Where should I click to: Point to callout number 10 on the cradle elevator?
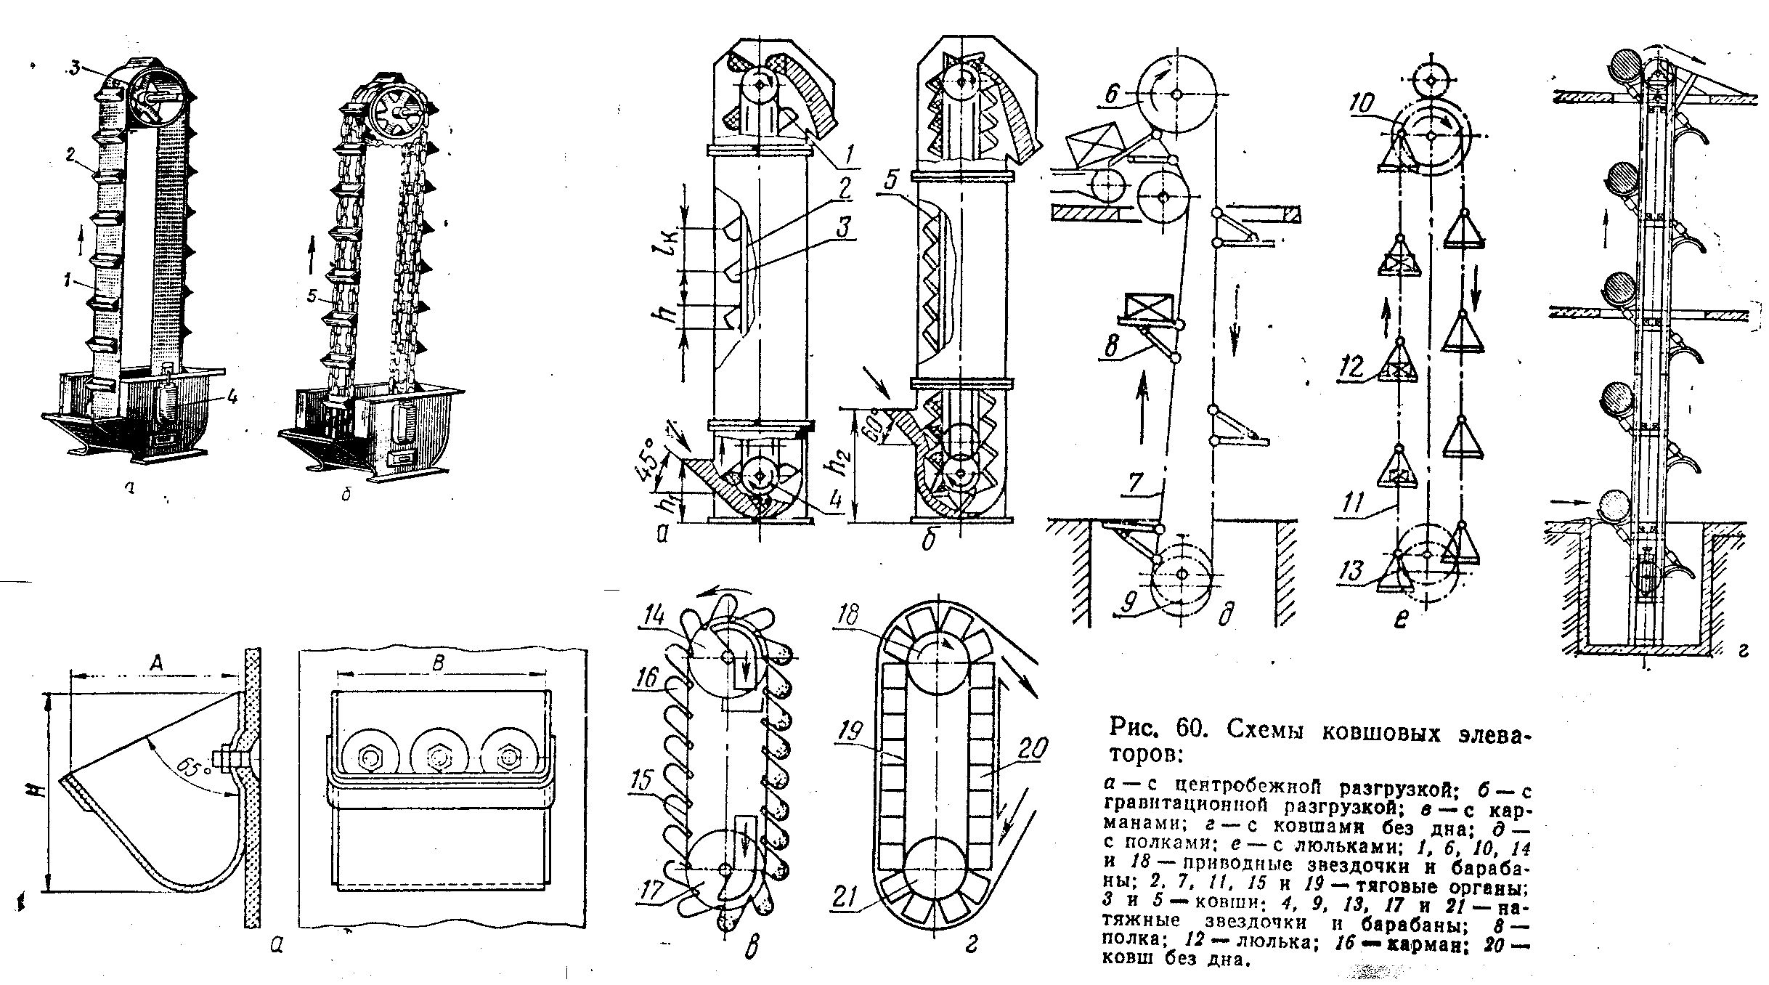point(1361,104)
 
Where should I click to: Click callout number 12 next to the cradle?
point(1352,365)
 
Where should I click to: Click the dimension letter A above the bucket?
point(155,661)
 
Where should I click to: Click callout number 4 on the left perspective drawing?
point(231,397)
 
